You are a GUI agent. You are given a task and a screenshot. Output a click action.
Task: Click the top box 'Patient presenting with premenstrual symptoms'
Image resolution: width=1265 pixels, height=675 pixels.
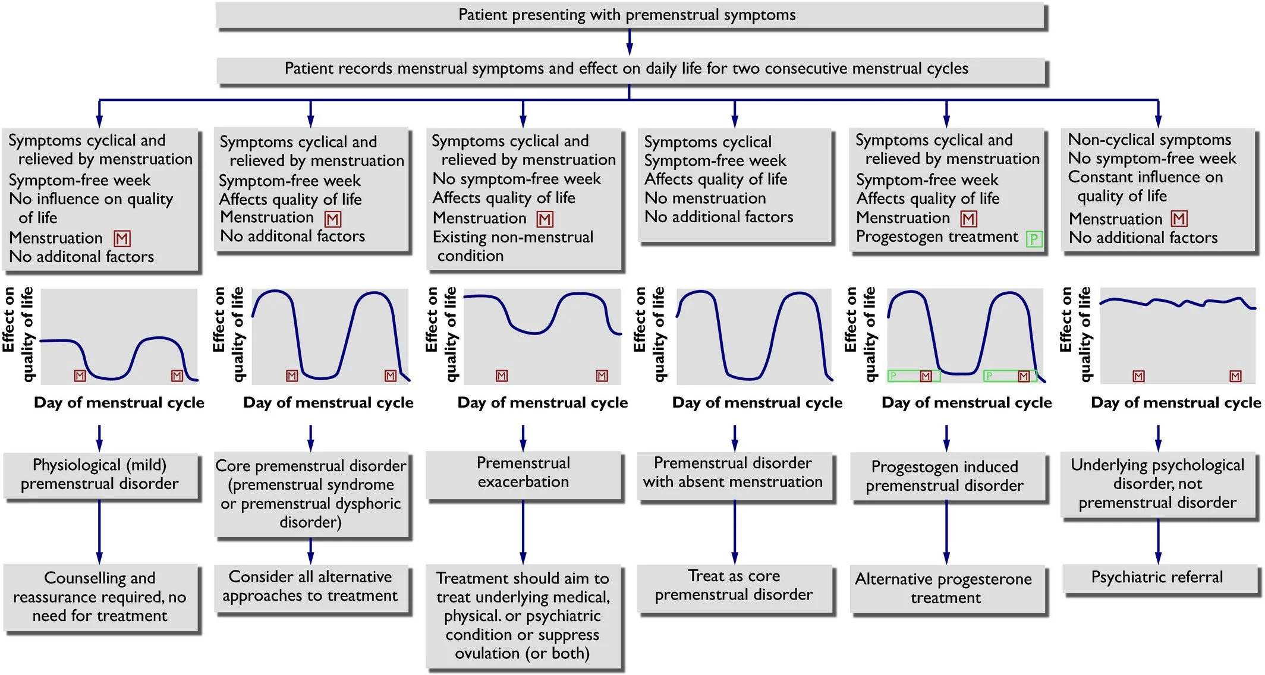click(x=630, y=15)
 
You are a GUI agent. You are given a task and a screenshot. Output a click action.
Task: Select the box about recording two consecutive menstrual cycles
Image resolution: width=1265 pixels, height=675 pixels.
click(x=630, y=70)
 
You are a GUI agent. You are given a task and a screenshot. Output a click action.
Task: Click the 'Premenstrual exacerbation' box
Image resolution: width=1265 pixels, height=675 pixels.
click(x=523, y=474)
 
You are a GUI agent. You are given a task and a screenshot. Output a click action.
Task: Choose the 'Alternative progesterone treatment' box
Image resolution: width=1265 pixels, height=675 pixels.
click(x=945, y=588)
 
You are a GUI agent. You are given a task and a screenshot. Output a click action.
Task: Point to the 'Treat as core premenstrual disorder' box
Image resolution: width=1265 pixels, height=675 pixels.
click(x=734, y=587)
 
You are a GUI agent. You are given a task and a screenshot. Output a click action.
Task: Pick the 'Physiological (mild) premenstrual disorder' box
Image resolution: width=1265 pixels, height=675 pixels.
click(x=99, y=475)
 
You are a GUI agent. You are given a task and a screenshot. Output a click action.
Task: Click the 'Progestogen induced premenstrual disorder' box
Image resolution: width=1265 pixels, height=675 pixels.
click(x=945, y=477)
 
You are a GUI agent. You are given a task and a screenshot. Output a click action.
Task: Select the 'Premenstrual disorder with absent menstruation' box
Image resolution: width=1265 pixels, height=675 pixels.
click(x=734, y=474)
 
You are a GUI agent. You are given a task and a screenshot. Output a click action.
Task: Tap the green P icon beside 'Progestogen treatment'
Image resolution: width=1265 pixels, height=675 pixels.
click(x=1034, y=239)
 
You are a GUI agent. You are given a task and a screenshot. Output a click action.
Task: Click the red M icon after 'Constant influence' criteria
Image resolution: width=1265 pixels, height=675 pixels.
click(x=1179, y=219)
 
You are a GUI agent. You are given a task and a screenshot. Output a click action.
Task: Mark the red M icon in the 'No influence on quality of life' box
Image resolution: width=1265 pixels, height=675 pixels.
click(x=122, y=239)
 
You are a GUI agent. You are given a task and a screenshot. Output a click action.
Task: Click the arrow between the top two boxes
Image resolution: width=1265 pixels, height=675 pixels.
click(x=630, y=42)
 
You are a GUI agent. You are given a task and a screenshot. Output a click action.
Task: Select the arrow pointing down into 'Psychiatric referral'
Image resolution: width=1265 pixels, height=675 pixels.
click(x=1158, y=542)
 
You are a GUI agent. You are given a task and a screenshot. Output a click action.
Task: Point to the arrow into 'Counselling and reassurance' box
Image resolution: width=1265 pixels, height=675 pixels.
click(x=99, y=531)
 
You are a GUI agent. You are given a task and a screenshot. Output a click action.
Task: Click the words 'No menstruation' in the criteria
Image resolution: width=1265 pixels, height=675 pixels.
click(x=706, y=198)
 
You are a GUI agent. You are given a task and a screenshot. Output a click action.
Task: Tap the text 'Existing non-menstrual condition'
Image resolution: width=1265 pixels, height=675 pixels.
click(x=513, y=246)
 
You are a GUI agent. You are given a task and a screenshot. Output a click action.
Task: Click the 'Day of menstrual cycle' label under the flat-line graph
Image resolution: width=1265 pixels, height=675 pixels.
click(x=1176, y=403)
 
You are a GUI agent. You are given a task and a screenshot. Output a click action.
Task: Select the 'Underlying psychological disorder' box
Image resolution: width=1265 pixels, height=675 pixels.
click(x=1157, y=484)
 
